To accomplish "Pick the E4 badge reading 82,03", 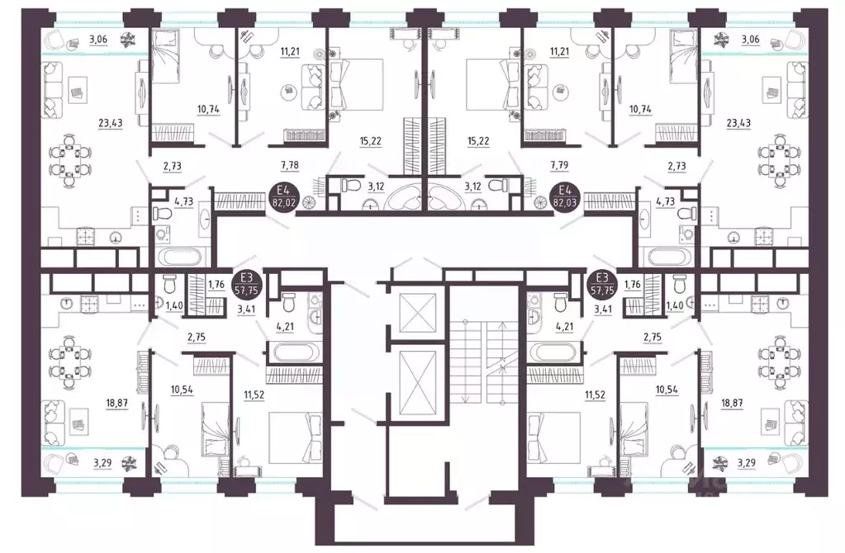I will (565, 198).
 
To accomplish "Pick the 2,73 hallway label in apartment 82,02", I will (173, 167).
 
